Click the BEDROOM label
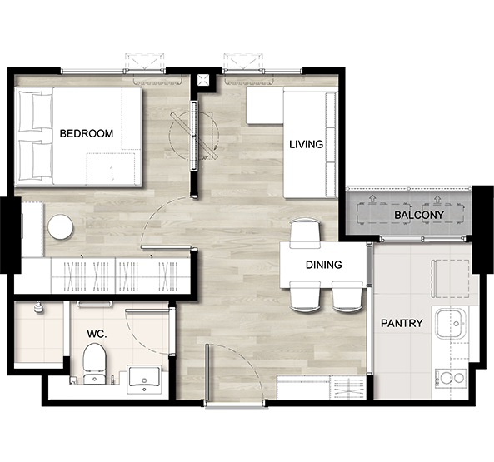[87, 133]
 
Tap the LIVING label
[307, 144]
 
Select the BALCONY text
[419, 215]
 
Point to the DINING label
[323, 265]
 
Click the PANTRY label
[402, 323]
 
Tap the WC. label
[97, 334]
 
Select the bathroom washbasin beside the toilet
[144, 380]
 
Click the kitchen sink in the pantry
[451, 323]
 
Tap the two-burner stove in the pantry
[451, 378]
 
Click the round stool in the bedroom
[61, 226]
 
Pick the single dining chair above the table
[305, 232]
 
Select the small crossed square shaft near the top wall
[203, 80]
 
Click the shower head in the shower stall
[38, 307]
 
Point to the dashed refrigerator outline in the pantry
[450, 279]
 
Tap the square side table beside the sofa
[265, 105]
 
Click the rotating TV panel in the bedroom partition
[194, 136]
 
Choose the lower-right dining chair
[347, 297]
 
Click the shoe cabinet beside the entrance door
[320, 387]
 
